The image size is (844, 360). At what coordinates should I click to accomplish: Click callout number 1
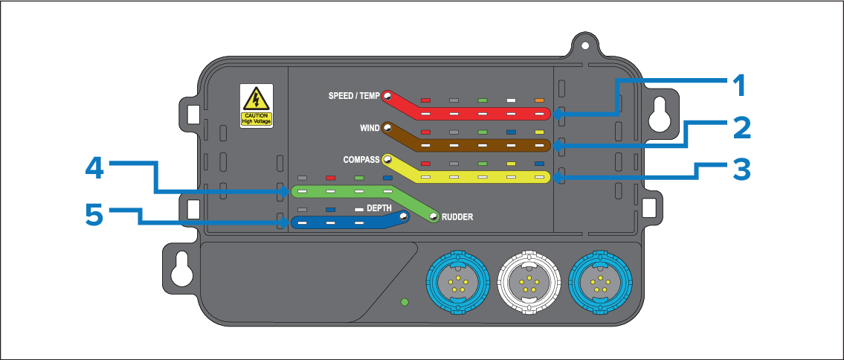point(738,88)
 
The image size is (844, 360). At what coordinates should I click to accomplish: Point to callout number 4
point(95,168)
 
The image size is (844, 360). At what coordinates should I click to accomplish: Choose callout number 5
point(94,215)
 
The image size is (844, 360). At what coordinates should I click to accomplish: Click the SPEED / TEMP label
point(354,96)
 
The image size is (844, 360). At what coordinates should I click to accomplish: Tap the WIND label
point(370,128)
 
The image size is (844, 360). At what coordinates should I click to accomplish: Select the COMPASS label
point(361,159)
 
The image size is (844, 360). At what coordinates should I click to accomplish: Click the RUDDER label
point(457,217)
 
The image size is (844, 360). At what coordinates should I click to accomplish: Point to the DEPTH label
point(378,209)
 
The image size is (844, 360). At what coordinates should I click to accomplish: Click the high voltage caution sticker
point(257,106)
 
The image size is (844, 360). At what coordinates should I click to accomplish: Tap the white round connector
point(527,283)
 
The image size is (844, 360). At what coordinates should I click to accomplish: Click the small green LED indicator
point(405,302)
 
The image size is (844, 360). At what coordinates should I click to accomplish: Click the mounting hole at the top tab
point(585,46)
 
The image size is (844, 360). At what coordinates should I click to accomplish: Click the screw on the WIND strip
point(387,128)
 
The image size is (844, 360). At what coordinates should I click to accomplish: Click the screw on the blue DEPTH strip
point(403,217)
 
